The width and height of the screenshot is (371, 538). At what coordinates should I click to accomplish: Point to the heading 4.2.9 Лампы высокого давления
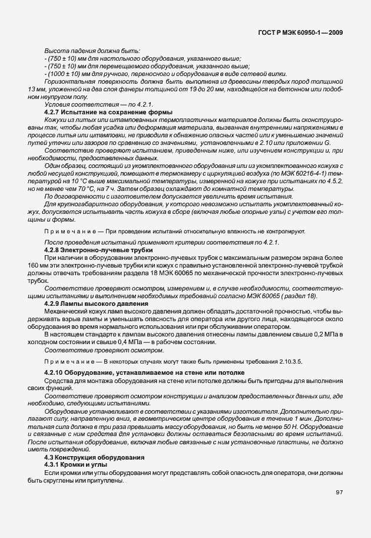click(x=88, y=303)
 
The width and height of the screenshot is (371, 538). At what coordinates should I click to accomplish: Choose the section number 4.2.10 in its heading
click(x=55, y=373)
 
